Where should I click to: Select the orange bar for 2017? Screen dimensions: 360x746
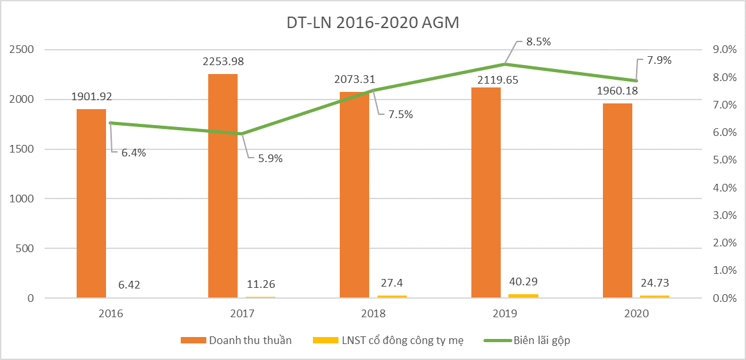pos(223,186)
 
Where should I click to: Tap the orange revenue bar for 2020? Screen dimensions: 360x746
pos(618,200)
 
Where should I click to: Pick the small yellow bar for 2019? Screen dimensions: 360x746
pos(524,296)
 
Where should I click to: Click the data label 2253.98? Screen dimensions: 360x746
pos(223,62)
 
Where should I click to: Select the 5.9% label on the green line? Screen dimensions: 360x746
pos(270,158)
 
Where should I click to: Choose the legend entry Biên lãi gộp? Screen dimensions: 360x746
pos(542,340)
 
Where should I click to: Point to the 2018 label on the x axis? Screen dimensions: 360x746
pos(373,313)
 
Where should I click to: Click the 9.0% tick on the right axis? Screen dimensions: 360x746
pos(724,50)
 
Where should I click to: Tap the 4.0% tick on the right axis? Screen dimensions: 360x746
pos(724,188)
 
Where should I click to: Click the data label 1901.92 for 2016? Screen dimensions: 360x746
pos(91,98)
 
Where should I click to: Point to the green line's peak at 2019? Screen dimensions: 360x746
pos(505,64)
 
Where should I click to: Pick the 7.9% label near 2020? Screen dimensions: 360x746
pos(659,61)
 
